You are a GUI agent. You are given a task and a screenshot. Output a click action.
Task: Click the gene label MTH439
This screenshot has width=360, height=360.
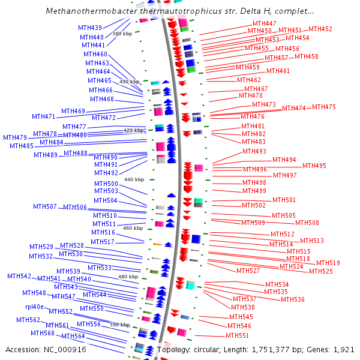(x=90, y=28)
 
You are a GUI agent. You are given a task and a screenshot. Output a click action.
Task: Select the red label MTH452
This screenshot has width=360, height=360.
(x=320, y=29)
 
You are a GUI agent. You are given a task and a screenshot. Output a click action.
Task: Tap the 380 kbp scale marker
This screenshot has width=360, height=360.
(x=122, y=34)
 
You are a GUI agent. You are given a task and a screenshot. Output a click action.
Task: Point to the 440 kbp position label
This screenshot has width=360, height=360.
(x=134, y=179)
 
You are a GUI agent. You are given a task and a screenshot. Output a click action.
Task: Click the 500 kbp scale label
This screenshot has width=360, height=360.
(x=119, y=325)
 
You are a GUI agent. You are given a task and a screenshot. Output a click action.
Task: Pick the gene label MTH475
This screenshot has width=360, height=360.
(x=324, y=107)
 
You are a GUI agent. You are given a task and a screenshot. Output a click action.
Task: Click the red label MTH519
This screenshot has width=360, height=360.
(x=328, y=263)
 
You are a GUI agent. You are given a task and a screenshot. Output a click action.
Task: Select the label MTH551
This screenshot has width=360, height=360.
(x=237, y=335)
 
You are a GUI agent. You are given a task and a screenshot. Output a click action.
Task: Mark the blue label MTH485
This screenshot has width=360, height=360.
(x=22, y=146)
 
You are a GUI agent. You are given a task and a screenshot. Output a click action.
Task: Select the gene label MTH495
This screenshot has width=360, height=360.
(x=314, y=166)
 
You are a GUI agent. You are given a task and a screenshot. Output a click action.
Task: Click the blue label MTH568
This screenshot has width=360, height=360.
(x=43, y=333)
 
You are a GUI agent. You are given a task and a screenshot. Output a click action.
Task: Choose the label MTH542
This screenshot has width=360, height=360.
(x=19, y=276)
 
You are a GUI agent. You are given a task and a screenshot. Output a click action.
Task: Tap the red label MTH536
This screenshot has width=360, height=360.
(x=293, y=299)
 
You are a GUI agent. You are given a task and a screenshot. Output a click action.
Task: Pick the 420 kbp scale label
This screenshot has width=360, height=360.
(x=134, y=130)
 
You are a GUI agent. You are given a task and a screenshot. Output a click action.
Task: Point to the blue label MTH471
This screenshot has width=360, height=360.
(x=43, y=116)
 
